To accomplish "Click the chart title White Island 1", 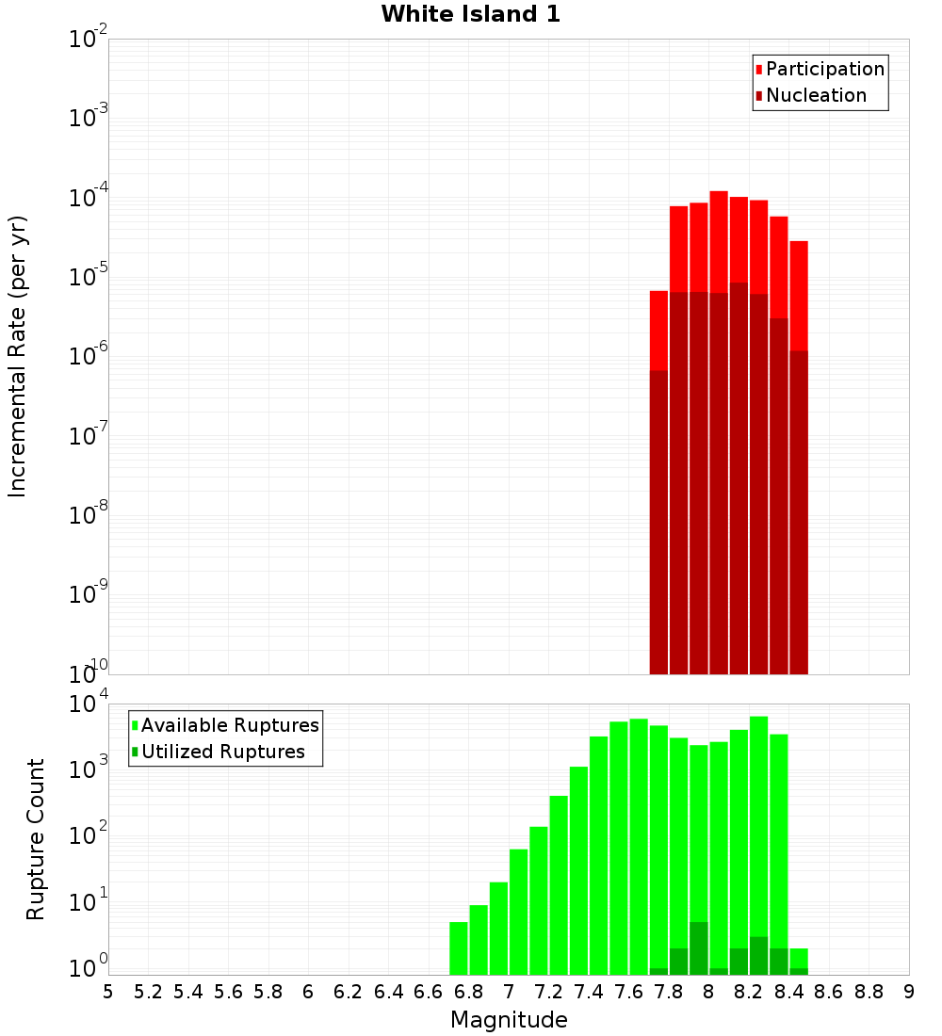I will [470, 14].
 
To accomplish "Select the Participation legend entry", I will [825, 69].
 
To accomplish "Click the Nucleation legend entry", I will [816, 95].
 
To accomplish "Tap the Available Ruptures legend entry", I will [230, 725].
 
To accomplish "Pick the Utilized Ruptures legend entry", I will [222, 752].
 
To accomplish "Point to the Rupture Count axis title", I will [36, 839].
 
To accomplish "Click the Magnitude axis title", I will [509, 1020].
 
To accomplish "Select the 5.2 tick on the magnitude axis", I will [148, 992].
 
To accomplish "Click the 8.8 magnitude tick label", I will [869, 992].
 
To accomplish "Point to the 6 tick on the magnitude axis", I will [308, 992].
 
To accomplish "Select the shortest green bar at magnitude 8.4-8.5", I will [799, 958].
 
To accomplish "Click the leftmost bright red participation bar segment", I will [658, 330].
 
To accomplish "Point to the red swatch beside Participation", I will [758, 69].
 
